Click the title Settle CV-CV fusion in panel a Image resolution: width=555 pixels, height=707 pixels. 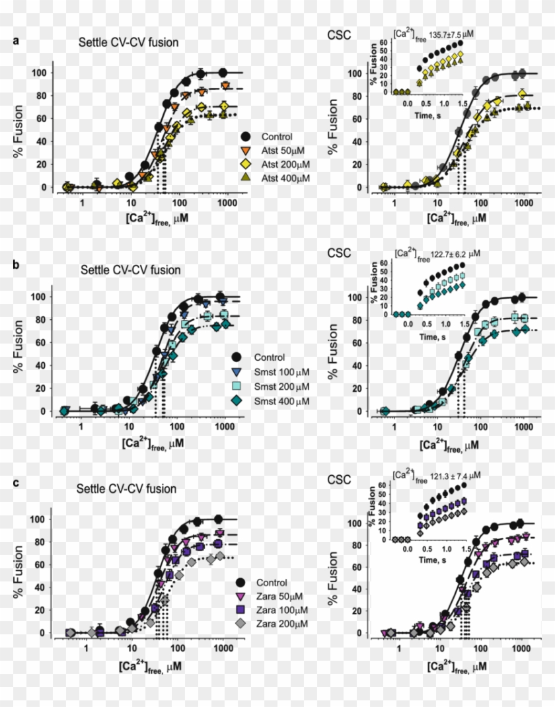pyautogui.click(x=128, y=43)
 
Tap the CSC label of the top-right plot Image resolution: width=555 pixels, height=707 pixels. pyautogui.click(x=340, y=35)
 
